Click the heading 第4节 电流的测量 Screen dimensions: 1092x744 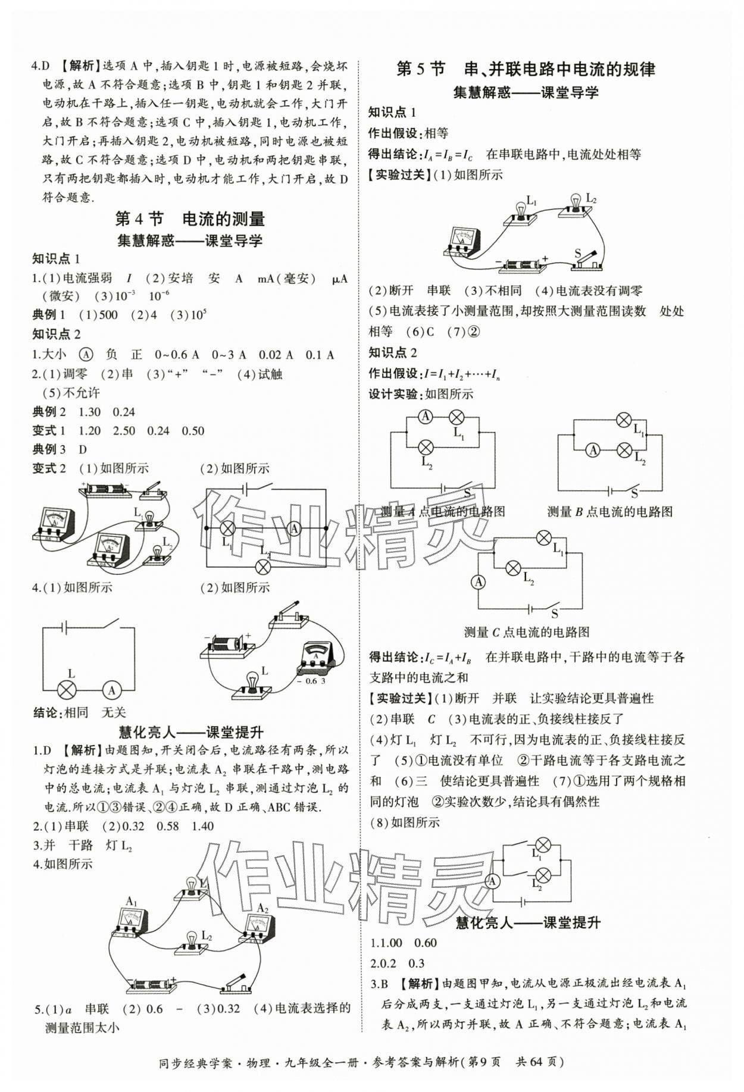(189, 219)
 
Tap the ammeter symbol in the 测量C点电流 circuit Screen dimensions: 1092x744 (479, 582)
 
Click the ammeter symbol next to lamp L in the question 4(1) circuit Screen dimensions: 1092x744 (111, 690)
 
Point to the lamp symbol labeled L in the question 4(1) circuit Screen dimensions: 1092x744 (67, 690)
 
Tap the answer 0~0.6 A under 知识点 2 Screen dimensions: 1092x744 (177, 355)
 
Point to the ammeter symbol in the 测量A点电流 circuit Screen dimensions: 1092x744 (426, 417)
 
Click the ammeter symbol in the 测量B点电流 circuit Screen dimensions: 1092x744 (593, 450)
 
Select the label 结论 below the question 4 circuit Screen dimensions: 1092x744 (46, 712)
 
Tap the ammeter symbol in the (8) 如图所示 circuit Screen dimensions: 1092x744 (492, 881)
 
